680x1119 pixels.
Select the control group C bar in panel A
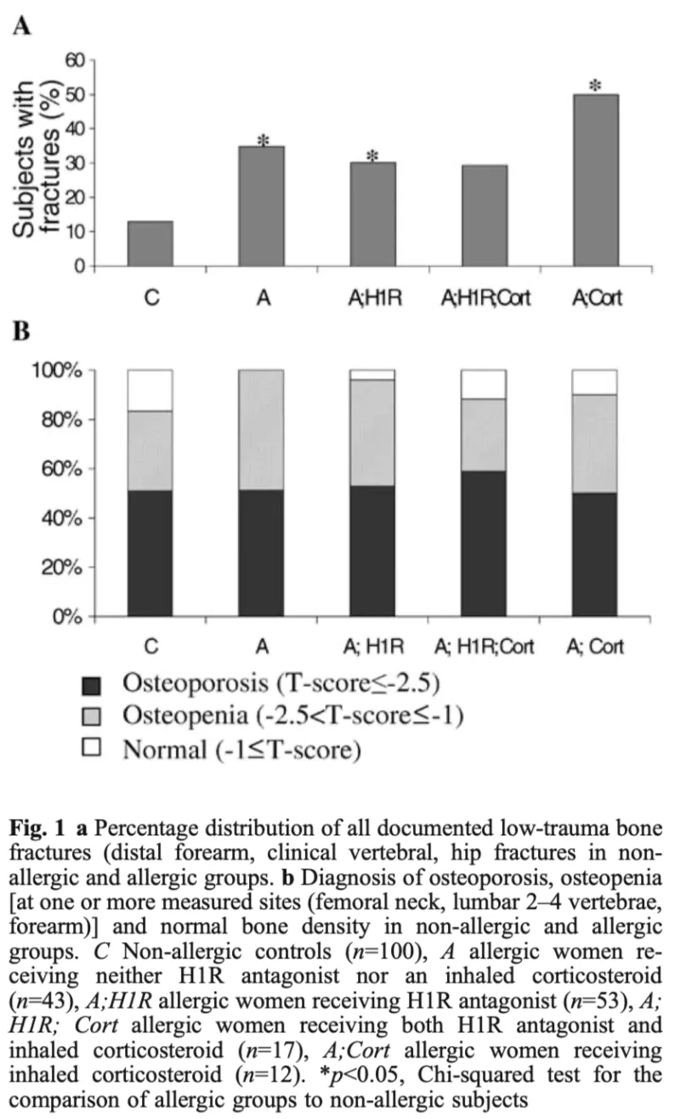[x=150, y=244]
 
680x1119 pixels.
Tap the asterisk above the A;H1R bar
[x=372, y=156]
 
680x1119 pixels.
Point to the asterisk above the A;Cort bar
[x=595, y=87]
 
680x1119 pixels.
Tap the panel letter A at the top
[x=22, y=26]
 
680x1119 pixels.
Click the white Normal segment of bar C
[x=150, y=390]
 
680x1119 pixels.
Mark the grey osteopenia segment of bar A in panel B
[x=262, y=429]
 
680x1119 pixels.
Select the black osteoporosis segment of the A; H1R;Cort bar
[x=484, y=543]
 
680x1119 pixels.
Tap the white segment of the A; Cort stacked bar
[x=595, y=382]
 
